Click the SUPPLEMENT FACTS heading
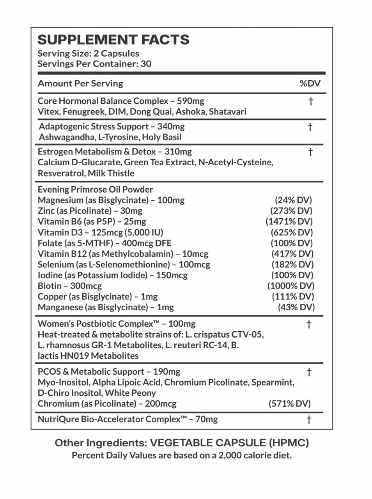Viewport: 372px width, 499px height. (113, 40)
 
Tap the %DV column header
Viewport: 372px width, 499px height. (310, 83)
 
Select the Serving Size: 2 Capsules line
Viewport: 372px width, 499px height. (88, 53)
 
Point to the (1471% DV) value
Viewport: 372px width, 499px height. (289, 221)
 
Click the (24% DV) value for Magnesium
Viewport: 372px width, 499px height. (293, 200)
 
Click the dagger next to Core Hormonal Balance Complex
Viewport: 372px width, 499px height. (311, 102)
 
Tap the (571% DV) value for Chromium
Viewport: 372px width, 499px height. (289, 403)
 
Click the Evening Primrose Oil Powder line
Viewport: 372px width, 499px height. (95, 189)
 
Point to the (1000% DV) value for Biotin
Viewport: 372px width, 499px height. (291, 286)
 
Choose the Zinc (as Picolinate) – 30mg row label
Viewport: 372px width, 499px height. (90, 211)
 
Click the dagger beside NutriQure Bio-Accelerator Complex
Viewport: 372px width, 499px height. (309, 419)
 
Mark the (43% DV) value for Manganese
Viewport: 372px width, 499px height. (296, 307)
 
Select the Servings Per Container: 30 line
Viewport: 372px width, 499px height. (94, 64)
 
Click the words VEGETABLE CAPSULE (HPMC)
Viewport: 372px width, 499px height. (229, 443)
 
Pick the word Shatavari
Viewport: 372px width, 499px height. (228, 112)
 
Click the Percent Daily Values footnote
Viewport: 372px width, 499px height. (182, 455)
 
